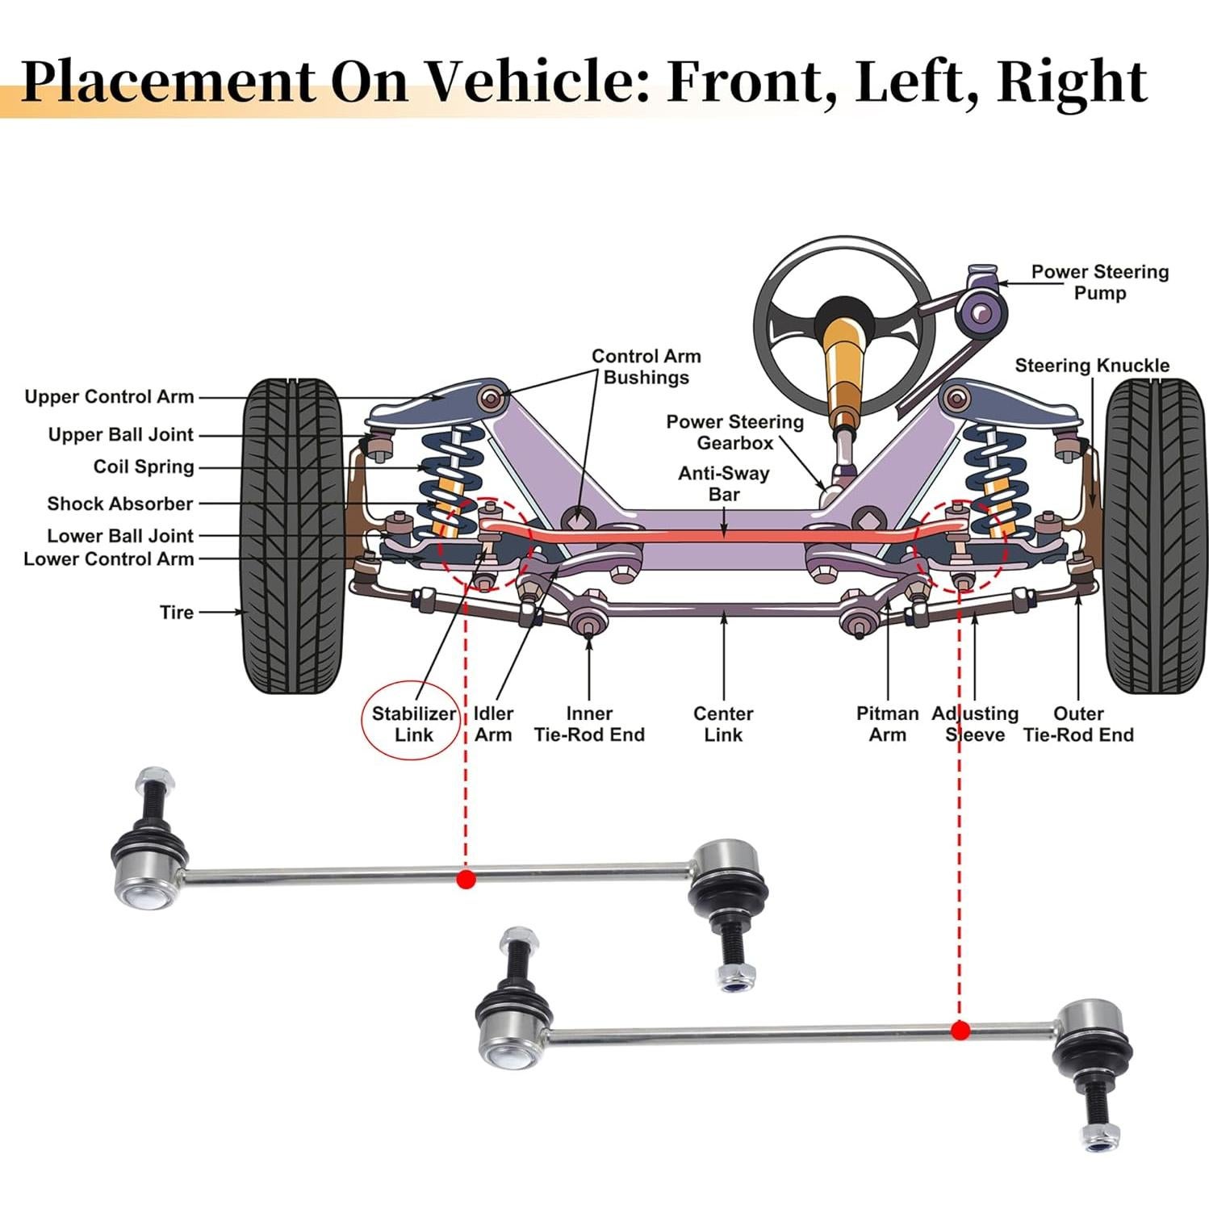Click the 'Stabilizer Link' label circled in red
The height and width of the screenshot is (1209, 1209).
(x=413, y=724)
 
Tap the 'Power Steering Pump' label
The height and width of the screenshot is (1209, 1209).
(x=1099, y=282)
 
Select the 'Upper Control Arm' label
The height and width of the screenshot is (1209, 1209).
(x=109, y=397)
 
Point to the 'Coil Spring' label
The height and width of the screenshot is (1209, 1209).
(x=144, y=467)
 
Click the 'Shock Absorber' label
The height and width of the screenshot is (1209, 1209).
(x=120, y=504)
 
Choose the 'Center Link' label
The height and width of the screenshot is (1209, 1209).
(x=723, y=724)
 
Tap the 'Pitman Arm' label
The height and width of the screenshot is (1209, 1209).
(x=887, y=724)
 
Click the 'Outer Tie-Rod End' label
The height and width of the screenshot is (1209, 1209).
(x=1078, y=724)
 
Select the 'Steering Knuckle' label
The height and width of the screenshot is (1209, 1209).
(x=1091, y=366)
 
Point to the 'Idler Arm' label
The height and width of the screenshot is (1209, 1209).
(x=493, y=724)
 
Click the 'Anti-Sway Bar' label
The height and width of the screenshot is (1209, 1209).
(x=723, y=483)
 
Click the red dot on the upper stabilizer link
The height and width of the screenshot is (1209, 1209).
(x=466, y=879)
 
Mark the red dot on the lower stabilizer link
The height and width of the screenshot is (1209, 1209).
(x=960, y=1030)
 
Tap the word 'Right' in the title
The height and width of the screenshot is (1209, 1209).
(x=1072, y=82)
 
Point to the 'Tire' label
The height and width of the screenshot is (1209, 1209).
(x=177, y=613)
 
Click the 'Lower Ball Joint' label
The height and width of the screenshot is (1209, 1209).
(x=120, y=536)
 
